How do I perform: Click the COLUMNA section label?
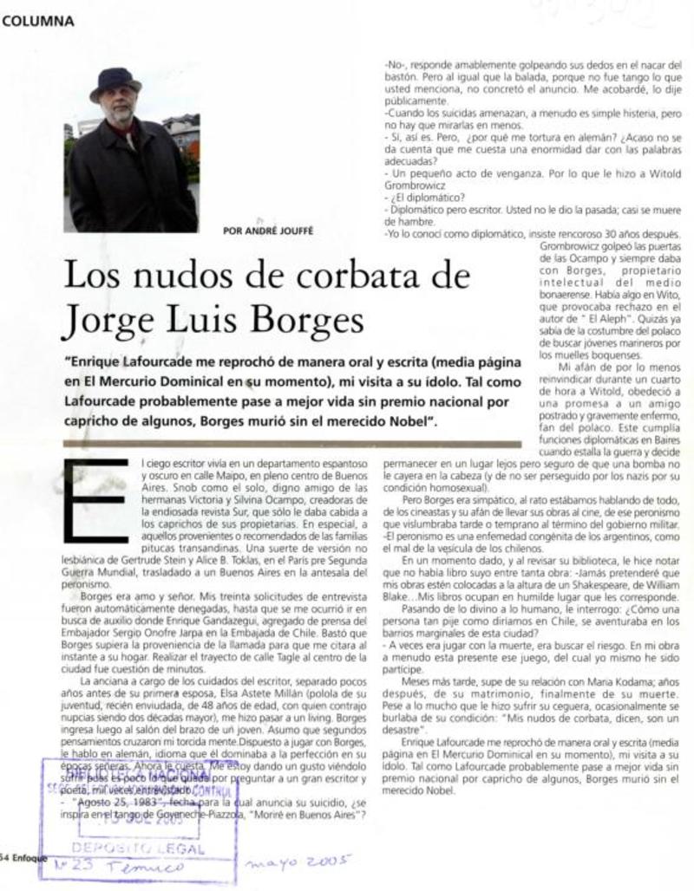pos(38,23)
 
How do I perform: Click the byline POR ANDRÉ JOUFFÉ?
pos(267,231)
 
